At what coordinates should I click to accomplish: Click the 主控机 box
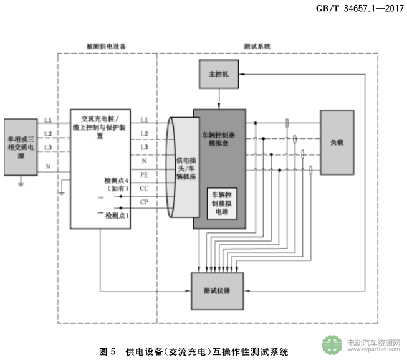point(219,74)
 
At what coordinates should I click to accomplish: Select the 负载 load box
point(337,141)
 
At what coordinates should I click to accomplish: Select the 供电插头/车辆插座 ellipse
point(182,165)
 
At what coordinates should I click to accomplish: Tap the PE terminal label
point(144,175)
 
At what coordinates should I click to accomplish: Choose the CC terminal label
point(144,188)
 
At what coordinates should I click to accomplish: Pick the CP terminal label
point(144,202)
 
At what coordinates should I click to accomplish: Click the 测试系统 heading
point(257,47)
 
